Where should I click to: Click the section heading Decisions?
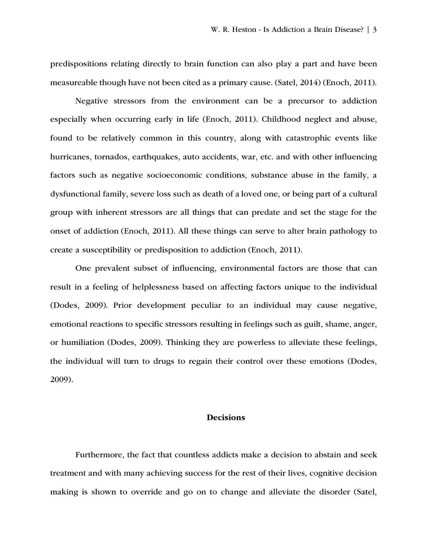tap(226, 418)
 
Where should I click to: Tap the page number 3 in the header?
tap(375, 30)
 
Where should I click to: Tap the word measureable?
tap(75, 83)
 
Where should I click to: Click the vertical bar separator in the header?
tap(368, 30)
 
